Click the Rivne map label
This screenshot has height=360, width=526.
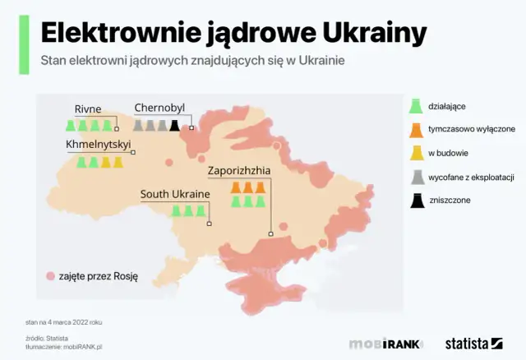88,108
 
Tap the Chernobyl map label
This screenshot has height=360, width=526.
160,108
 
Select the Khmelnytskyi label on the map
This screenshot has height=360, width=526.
98,144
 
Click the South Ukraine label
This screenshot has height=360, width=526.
175,194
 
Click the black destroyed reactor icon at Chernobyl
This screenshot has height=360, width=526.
174,126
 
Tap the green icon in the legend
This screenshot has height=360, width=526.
418,107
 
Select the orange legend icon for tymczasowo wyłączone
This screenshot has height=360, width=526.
418,130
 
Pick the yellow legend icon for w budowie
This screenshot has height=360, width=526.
418,153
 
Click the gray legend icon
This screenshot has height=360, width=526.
418,176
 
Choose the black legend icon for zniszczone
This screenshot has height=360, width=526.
418,199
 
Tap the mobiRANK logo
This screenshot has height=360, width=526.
386,344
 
